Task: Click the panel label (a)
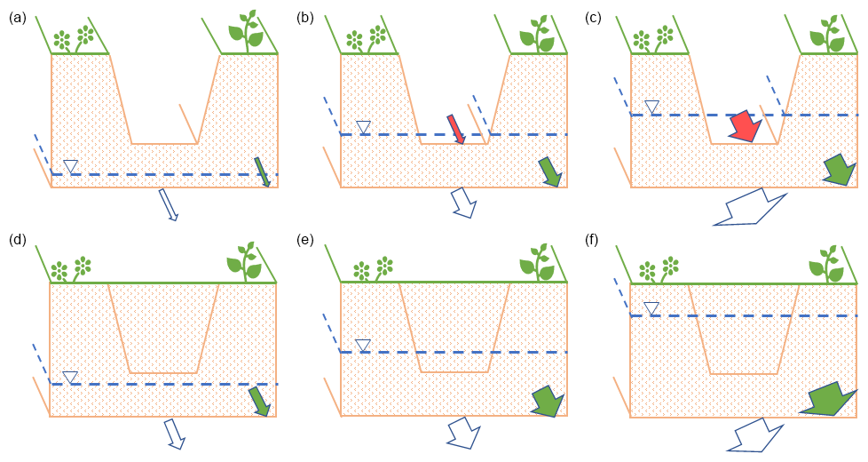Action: point(16,16)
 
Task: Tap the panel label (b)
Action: point(305,16)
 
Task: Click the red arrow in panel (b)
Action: point(455,129)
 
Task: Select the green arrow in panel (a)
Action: point(263,171)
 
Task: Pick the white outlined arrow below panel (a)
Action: point(168,203)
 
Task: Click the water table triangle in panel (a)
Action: point(71,165)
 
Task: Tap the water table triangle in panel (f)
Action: point(651,308)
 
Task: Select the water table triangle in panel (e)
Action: point(362,345)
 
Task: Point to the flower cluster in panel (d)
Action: point(72,267)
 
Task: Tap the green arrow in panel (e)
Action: point(548,401)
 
